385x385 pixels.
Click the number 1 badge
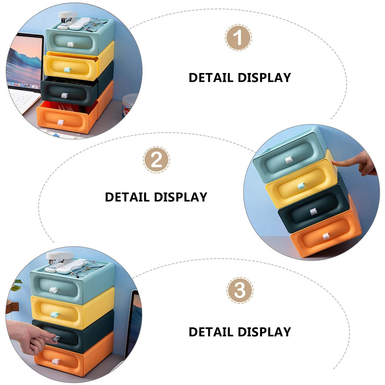point(238,38)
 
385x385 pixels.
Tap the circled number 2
point(156,160)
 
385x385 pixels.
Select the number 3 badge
point(240,290)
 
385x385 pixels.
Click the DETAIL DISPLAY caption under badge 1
point(240,77)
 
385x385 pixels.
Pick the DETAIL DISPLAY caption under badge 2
point(156,197)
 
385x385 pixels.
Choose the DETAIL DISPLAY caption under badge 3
point(240,332)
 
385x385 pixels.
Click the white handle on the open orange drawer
point(60,122)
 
